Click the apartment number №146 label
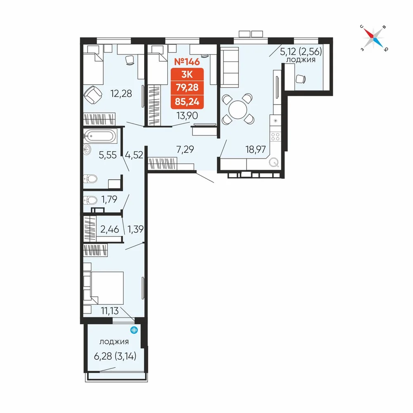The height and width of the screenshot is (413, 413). pos(187,62)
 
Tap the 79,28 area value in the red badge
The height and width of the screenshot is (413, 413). pos(187,87)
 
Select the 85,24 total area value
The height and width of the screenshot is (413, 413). pos(187,102)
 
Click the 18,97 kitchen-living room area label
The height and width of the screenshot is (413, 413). pos(256,150)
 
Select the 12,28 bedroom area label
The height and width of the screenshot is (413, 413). pos(121,93)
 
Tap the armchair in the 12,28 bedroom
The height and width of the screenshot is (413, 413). pos(93,95)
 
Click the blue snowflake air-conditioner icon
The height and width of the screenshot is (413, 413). pos(134,330)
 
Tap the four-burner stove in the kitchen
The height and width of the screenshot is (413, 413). pos(275,137)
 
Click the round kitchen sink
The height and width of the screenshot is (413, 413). pos(274,162)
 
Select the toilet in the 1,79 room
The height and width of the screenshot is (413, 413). pos(90,201)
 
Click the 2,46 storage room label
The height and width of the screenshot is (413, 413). pos(109,229)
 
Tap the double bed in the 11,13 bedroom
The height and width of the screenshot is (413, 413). pos(104,287)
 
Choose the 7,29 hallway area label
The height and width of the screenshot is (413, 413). pos(185,150)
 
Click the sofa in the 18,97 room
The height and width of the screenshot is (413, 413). pos(229,67)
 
